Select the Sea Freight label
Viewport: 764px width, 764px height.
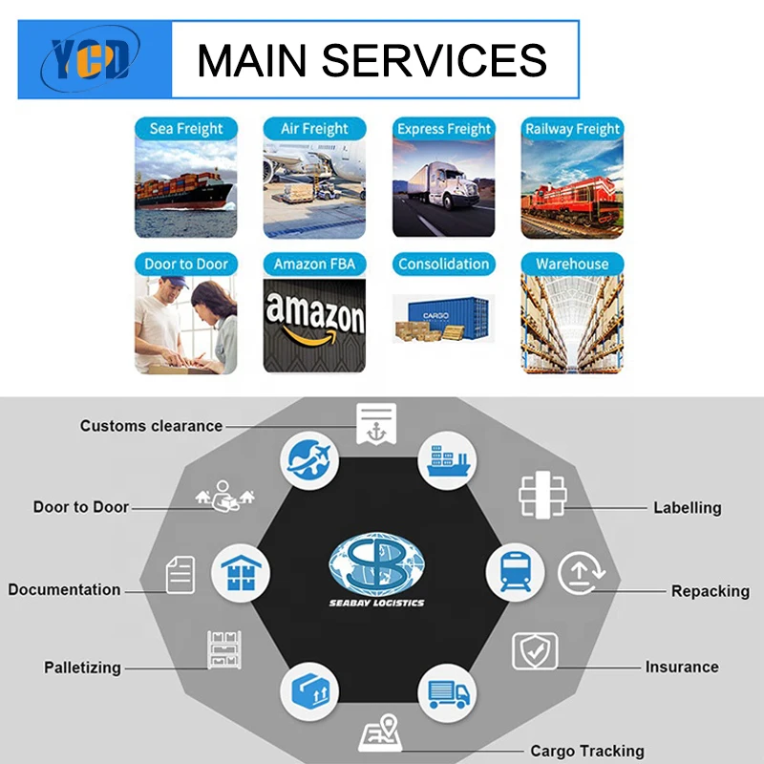[186, 128]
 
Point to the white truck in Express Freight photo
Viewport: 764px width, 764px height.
[445, 187]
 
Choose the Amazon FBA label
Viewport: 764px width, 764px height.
[314, 264]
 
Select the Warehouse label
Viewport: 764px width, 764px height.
[572, 264]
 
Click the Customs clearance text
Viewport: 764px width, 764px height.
[151, 426]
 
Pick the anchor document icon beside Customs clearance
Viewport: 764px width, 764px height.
[375, 422]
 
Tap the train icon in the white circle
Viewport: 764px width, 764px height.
[516, 571]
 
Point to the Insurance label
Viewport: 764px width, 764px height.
[682, 667]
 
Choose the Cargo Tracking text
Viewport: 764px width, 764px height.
[587, 751]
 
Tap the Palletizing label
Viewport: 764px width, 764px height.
[82, 668]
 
